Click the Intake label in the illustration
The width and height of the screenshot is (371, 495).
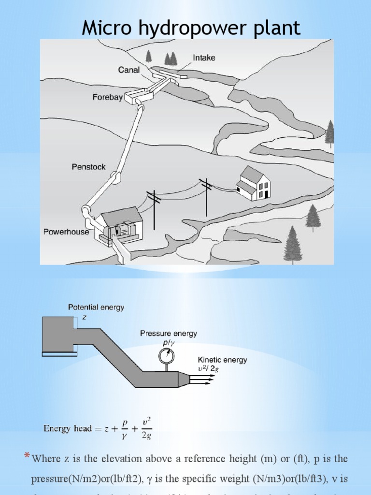pyautogui.click(x=204, y=58)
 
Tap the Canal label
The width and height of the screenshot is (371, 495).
pyautogui.click(x=129, y=70)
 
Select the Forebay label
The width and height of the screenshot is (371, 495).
pyautogui.click(x=107, y=97)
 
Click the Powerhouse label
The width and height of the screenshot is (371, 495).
pyautogui.click(x=66, y=232)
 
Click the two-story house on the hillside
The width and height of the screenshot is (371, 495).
pyautogui.click(x=253, y=183)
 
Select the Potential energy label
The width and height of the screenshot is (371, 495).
pyautogui.click(x=96, y=307)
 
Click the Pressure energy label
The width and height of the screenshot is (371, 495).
pyautogui.click(x=169, y=334)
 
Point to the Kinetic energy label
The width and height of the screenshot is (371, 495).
pyautogui.click(x=222, y=360)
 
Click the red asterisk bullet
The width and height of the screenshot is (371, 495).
pyautogui.click(x=27, y=455)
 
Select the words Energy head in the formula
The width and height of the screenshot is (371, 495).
pyautogui.click(x=67, y=428)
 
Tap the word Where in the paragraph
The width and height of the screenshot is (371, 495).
pyautogui.click(x=46, y=458)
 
